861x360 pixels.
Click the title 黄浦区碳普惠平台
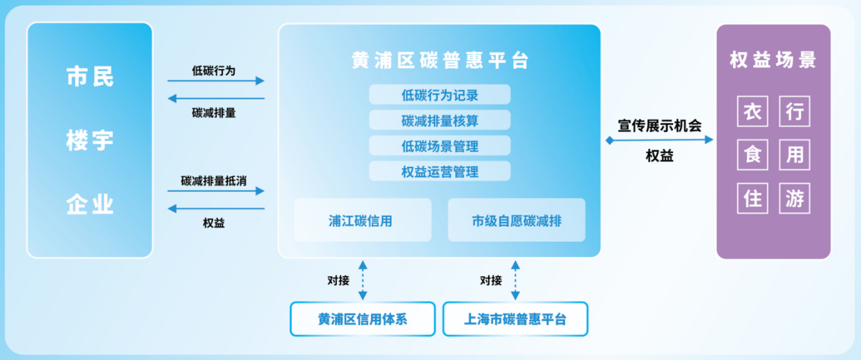coord(439,61)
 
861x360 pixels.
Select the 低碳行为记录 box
coord(439,95)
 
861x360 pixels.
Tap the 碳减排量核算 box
coord(439,121)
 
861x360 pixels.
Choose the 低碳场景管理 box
coord(439,146)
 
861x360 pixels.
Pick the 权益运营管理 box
coord(439,171)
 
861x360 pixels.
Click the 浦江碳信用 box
coord(362,220)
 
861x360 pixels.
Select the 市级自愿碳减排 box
coord(517,220)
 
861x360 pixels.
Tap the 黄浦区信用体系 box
coord(362,319)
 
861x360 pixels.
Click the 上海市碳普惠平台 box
coord(515,319)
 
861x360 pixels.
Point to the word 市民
coord(90,77)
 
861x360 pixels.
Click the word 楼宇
coord(90,141)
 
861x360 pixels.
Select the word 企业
coord(90,204)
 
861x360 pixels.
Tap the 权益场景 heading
coord(773,60)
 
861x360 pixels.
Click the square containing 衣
coord(753,111)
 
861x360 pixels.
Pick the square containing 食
coord(753,155)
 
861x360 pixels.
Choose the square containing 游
coord(794,199)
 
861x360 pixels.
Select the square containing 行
coord(794,111)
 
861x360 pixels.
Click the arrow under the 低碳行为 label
coord(215,81)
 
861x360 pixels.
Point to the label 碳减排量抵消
coord(214,181)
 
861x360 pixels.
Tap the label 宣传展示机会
coord(659,126)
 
